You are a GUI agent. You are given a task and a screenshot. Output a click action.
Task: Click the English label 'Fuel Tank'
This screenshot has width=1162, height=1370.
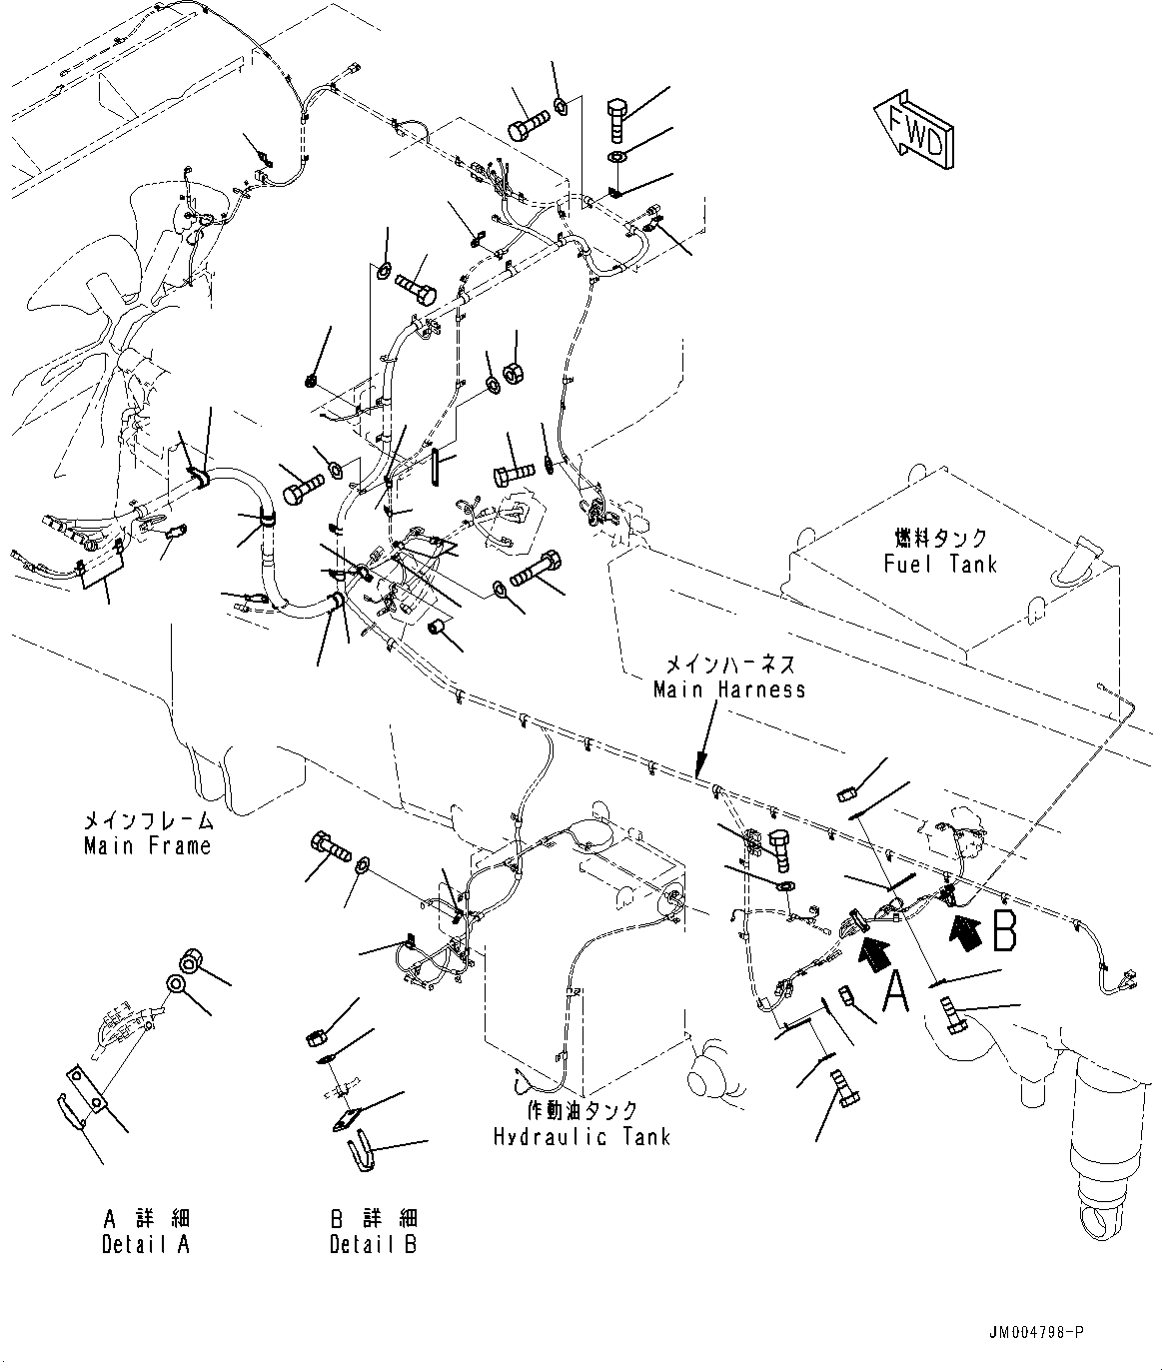coord(940,565)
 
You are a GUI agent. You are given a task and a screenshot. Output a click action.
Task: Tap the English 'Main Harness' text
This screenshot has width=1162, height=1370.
coord(729,689)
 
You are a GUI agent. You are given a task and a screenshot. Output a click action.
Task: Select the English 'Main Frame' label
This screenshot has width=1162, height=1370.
coord(147,846)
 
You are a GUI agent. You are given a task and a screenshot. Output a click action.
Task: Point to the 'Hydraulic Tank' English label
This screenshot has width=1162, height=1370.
coord(581,1137)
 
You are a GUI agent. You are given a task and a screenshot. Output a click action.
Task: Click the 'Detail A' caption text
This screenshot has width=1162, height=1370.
coord(145,1244)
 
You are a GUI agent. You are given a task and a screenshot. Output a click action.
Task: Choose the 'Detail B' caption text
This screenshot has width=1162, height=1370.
coord(374,1244)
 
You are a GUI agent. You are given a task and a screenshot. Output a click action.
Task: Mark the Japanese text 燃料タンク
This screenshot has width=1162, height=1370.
coord(940,539)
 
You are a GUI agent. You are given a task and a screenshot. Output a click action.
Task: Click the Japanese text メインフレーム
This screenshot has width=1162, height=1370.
coord(147,821)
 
